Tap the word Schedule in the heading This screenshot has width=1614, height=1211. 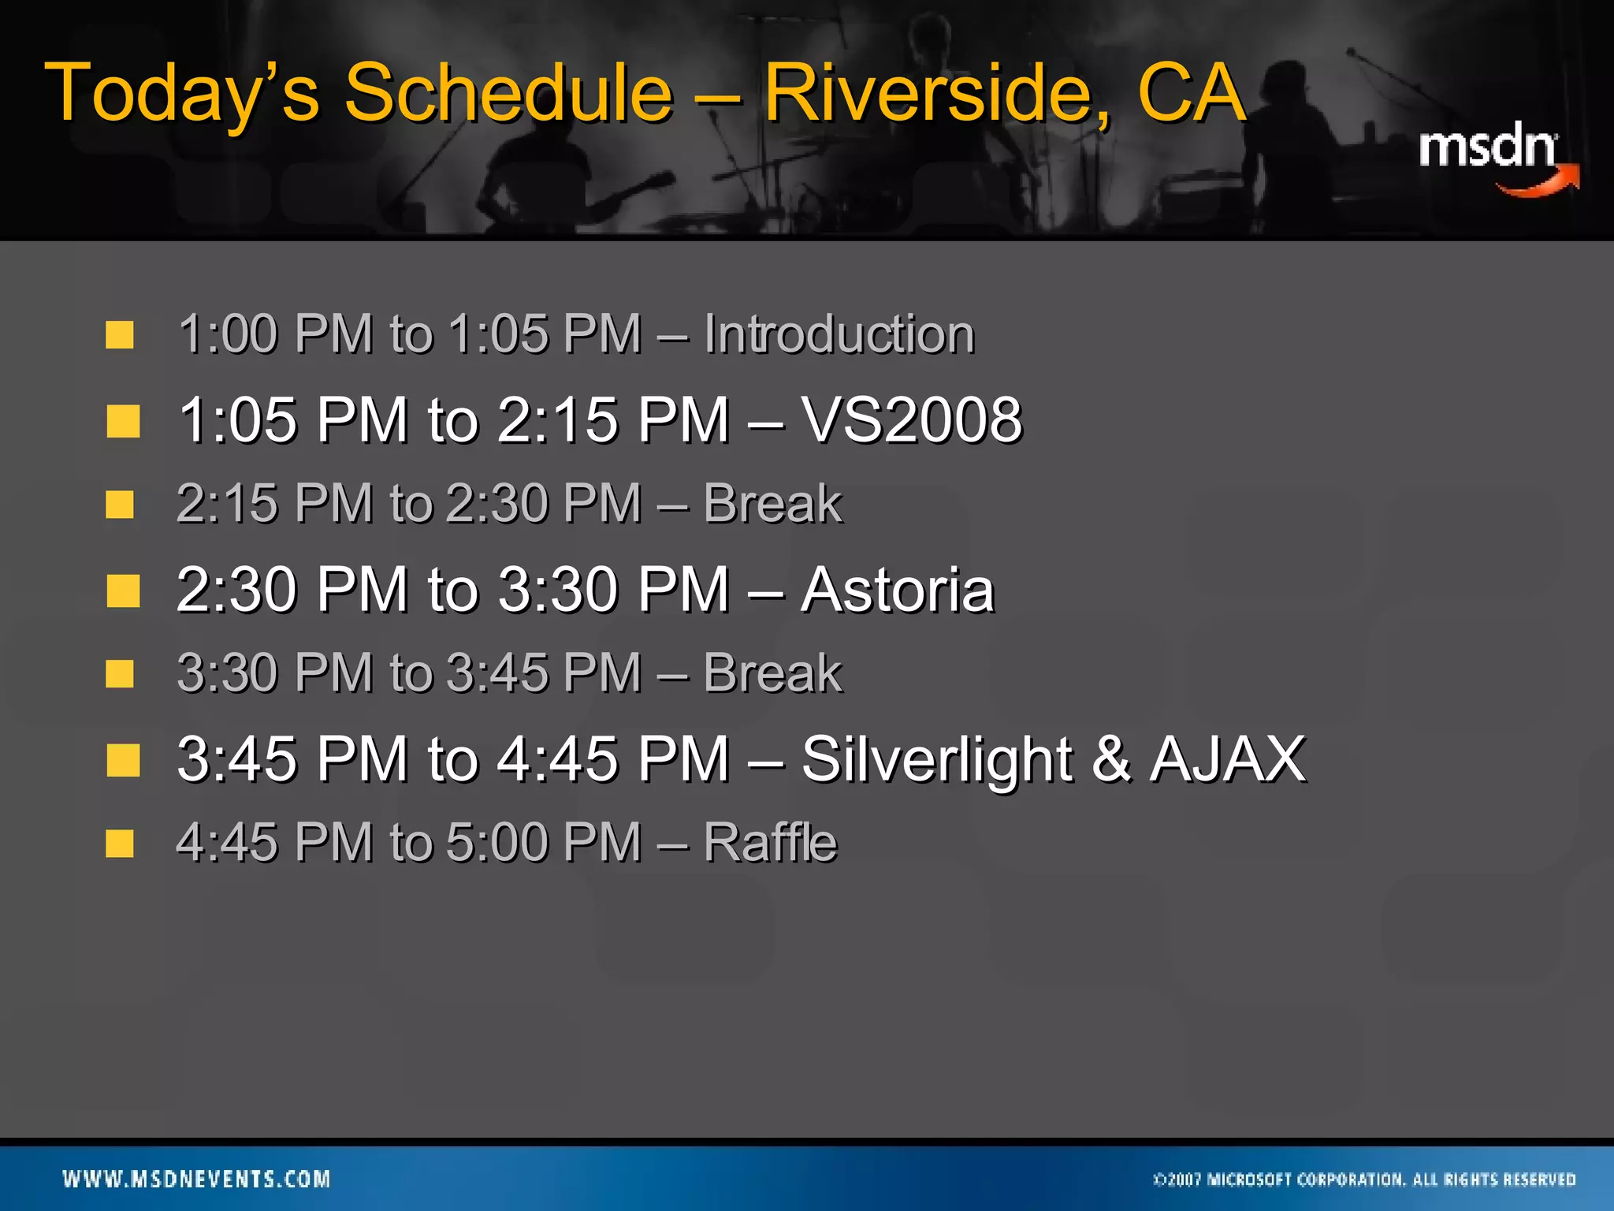[508, 95]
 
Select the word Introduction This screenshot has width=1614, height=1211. [839, 334]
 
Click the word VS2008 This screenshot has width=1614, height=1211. [912, 419]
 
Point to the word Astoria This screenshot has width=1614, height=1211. [898, 590]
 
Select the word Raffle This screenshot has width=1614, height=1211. [770, 843]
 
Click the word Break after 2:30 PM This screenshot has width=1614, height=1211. [772, 504]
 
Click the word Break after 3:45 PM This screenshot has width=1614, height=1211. [772, 674]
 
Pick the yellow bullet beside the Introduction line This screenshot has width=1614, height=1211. [120, 334]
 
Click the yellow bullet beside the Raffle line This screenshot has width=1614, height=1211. [120, 843]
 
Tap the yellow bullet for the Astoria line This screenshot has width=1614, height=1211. [123, 591]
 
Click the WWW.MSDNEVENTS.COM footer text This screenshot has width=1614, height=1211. [196, 1179]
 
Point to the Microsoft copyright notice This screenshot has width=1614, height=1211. [1364, 1179]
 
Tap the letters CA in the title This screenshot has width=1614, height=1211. [1191, 95]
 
